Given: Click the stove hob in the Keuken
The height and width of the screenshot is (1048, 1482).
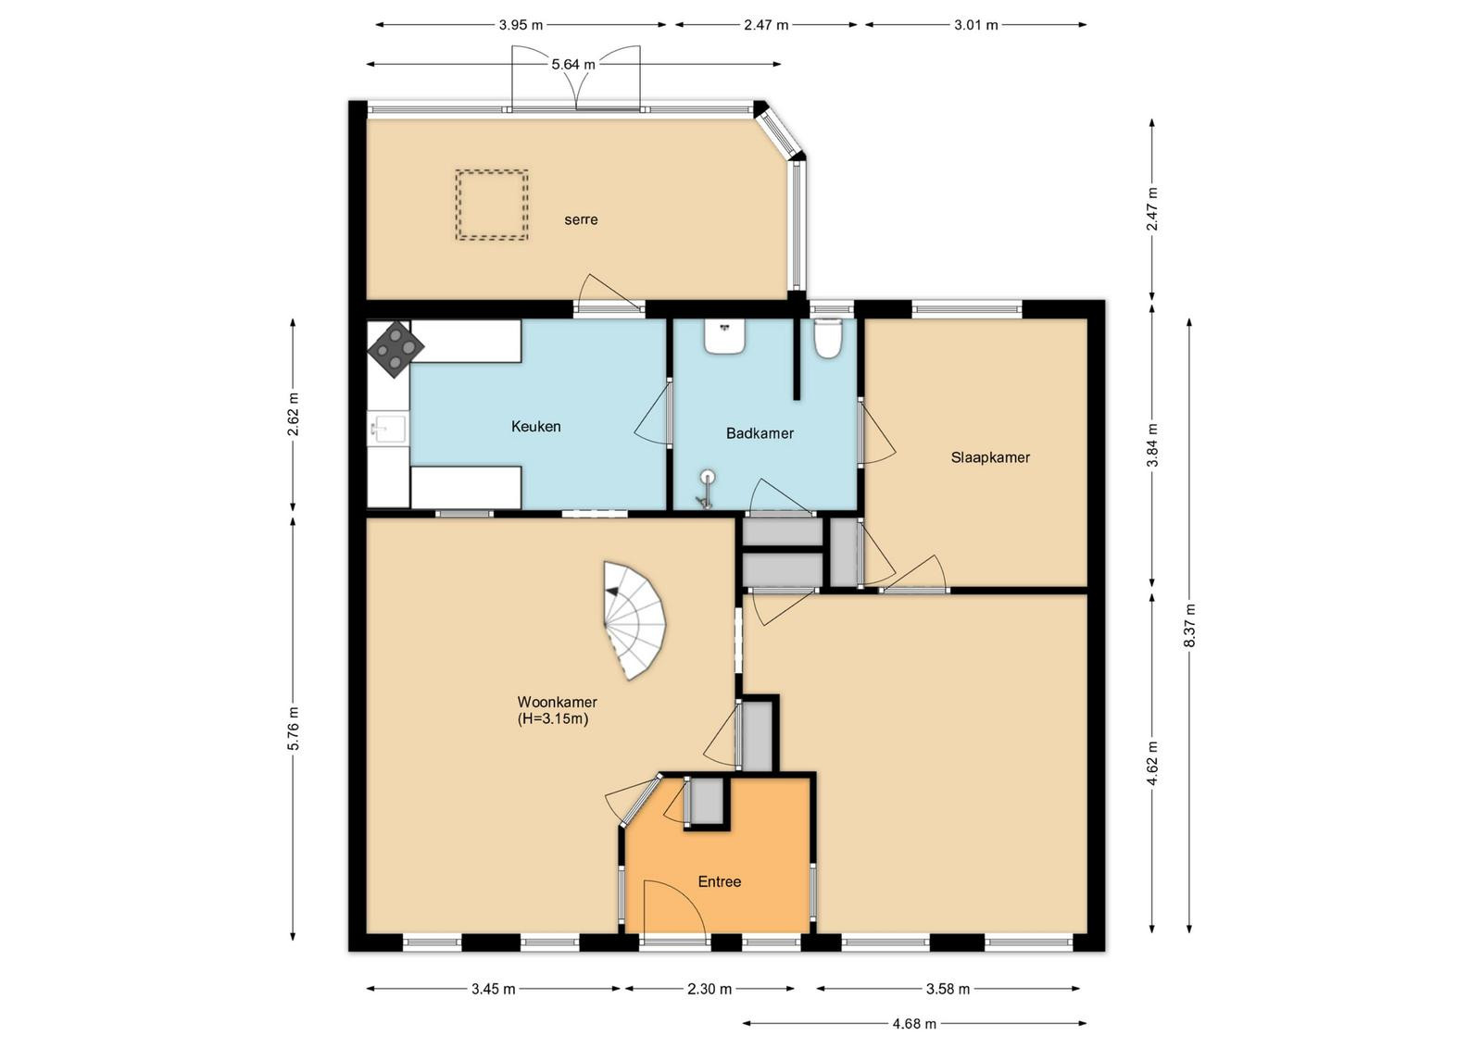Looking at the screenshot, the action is point(396,349).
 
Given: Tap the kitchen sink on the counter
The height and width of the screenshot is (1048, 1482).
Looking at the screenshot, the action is point(388,429).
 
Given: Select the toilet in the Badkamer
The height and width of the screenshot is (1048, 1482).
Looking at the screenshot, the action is point(827,338).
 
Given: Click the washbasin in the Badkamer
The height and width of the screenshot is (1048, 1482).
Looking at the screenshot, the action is point(725,336).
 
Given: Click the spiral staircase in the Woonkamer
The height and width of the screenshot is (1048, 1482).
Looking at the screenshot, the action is point(634,620).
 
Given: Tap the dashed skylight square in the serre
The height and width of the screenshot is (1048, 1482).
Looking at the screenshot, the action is point(492,205).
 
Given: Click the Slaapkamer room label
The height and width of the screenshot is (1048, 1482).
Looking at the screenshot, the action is point(990,457).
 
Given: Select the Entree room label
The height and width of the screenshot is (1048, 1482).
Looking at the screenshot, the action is point(719,881).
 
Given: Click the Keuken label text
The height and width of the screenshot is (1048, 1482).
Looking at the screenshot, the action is point(536,427).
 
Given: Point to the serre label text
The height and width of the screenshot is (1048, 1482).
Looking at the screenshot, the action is point(581,219).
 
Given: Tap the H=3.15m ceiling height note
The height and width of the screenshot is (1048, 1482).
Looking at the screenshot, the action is point(553,718).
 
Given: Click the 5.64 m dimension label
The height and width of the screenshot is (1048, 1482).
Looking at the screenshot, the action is point(573,64).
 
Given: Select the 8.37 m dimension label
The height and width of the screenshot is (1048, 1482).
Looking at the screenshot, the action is point(1189,626).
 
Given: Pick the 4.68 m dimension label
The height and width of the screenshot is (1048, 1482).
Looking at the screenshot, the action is point(914,1024).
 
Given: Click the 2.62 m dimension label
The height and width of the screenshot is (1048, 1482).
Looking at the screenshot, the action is point(293,414).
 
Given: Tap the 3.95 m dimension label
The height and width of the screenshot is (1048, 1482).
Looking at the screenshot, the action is point(521,25).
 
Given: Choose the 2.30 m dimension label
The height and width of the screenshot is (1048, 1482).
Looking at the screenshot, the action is point(710,989).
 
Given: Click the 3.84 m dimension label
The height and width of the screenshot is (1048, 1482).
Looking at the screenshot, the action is point(1152,445).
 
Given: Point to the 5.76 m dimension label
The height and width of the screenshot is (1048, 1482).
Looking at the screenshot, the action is point(293,729).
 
